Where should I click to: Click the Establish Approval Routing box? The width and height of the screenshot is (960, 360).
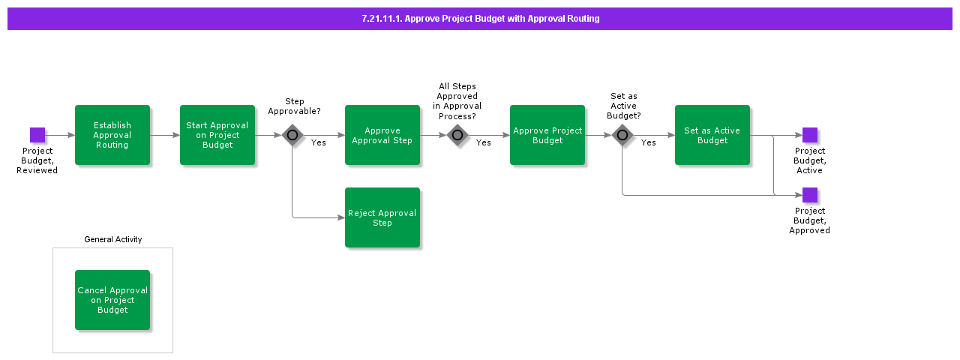click(112, 135)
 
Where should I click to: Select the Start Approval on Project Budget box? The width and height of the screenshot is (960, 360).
click(217, 135)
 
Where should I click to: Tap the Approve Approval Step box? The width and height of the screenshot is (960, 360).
click(382, 135)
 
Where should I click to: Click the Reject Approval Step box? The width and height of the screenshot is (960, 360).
click(382, 217)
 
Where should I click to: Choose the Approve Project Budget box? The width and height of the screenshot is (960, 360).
click(547, 135)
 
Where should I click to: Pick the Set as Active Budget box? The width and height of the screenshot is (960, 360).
click(712, 135)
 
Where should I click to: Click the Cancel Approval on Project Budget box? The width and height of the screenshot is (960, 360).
click(112, 300)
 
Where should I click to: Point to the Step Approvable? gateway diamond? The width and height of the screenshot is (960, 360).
click(292, 136)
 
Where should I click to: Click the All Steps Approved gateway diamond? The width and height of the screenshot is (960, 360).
click(457, 136)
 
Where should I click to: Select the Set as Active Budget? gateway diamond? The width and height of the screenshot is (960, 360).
click(622, 136)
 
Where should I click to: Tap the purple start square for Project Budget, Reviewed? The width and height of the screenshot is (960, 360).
click(37, 135)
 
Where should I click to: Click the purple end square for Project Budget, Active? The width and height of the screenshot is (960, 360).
click(810, 135)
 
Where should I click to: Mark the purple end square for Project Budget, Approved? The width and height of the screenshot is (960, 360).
click(810, 195)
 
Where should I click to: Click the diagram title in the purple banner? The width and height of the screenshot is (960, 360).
click(480, 19)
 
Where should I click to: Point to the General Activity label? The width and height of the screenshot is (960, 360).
click(112, 240)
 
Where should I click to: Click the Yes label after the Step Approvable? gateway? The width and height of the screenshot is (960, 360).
click(319, 142)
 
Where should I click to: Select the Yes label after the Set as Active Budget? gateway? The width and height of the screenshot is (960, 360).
click(649, 142)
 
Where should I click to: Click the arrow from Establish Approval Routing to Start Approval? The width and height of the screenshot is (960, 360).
click(165, 136)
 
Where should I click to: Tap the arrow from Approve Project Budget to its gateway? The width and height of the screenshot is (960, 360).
click(598, 136)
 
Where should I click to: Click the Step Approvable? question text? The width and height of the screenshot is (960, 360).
click(295, 106)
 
